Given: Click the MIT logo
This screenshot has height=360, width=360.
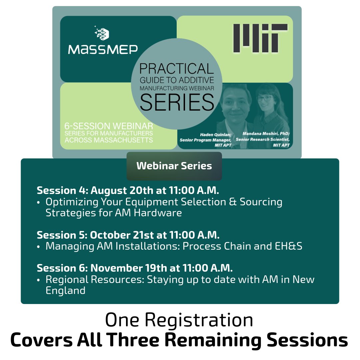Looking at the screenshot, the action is coord(260,38).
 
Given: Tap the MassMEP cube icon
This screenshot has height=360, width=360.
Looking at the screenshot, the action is coord(102,34).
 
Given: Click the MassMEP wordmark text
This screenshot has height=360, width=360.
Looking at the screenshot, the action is coord(103,50).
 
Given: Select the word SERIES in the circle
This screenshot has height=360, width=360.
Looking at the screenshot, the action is coord(177,102).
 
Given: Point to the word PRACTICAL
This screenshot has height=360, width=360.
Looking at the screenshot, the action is coord(177,69).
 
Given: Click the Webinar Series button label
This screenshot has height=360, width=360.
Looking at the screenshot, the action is coord(174,166).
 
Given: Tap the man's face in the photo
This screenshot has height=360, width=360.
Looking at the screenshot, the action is coord(236,104).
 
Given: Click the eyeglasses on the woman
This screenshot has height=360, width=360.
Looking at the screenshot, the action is coord(265,98).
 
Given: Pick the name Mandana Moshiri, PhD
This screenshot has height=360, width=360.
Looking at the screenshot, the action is coord(266,134).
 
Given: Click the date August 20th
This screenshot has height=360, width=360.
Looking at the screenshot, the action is coord(122,191).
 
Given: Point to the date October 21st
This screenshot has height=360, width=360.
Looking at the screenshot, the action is coord(122,235).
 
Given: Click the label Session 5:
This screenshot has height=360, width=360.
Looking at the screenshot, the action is coord(62,235).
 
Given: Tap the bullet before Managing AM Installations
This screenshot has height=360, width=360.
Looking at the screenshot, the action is coord(38,247).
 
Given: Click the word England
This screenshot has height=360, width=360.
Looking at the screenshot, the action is coord(65,291).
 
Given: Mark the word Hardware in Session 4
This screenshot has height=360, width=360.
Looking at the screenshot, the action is coord(158,213).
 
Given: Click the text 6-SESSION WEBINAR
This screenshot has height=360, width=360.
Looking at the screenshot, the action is coord(109,126).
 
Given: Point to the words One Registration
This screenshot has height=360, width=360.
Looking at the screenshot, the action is coord(179,320).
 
